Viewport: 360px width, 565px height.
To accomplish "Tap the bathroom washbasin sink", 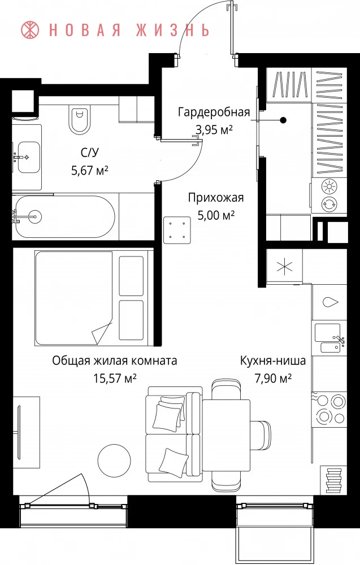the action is point(28,157).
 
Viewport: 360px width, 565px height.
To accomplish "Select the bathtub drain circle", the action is point(36,216).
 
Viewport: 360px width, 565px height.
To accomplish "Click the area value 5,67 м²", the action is point(90,170).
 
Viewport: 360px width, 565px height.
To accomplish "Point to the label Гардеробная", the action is point(214,112).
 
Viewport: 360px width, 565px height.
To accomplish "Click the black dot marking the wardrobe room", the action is point(284,120).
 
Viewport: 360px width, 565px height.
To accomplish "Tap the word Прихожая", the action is point(216,197).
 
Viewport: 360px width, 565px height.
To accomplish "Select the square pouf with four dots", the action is point(177,230).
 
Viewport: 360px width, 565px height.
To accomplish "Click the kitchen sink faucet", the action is point(341,340).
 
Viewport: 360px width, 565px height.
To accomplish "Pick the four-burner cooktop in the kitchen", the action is point(329,409).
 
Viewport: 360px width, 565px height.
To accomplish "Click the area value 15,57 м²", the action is point(115,379).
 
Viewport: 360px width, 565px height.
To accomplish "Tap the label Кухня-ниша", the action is point(273,360).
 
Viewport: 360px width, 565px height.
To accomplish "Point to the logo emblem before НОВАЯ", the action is point(31,30).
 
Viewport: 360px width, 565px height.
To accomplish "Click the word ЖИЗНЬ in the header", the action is point(173,31).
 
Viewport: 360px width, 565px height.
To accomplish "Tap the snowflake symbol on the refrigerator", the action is point(284,267).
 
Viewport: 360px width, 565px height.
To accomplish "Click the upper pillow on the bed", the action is point(131,276).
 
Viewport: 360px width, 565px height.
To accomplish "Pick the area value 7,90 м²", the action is point(273,379).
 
